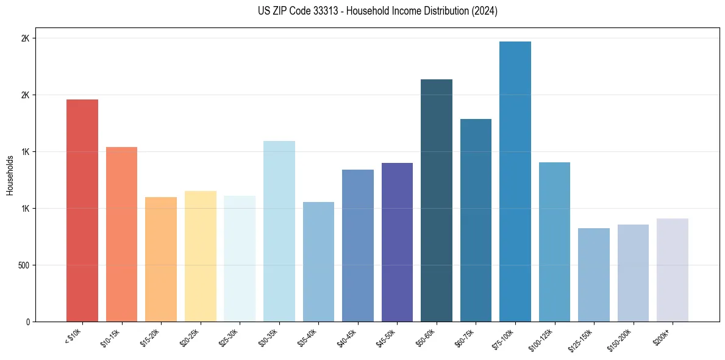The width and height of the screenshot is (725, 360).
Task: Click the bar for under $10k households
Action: pos(82,211)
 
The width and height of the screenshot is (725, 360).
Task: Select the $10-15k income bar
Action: pos(121,234)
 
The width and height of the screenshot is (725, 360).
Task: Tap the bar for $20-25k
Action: pos(200,256)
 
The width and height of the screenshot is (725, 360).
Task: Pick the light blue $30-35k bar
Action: pos(279,231)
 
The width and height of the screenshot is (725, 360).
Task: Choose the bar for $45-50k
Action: pos(397,242)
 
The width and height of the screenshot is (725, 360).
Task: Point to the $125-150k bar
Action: pos(594,275)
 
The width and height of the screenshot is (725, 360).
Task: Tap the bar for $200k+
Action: pos(673,270)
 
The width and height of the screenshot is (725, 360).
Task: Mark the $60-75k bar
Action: pos(476,220)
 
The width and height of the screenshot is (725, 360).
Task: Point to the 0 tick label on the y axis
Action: pos(27,322)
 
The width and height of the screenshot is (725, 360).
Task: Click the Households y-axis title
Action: pos(10,175)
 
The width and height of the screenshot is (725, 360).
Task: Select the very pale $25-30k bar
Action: pos(240,259)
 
